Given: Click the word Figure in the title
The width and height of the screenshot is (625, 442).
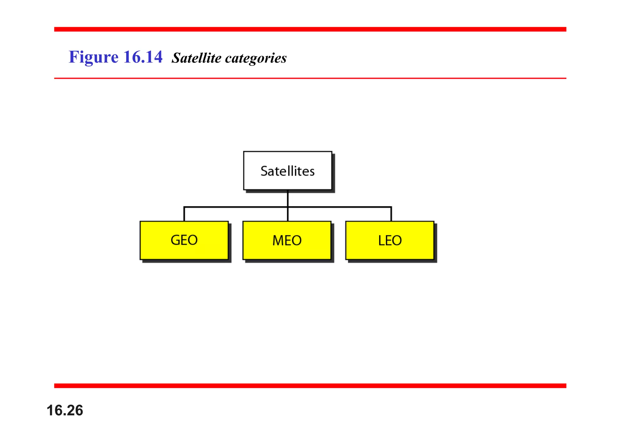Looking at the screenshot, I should click(93, 57).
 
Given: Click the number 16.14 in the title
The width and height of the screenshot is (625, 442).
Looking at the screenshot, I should click(143, 57).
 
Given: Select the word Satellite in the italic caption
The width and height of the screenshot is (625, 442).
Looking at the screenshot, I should click(196, 58).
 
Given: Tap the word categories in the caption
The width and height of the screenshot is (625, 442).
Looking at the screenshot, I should click(256, 58).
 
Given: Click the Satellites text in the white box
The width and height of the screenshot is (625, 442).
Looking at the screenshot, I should click(287, 171).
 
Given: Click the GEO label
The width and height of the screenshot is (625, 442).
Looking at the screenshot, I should click(184, 240).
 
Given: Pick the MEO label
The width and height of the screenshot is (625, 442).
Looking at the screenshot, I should click(287, 241).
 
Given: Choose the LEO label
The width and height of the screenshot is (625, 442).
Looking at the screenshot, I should click(390, 241).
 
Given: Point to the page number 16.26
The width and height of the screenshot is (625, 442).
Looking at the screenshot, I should click(65, 410).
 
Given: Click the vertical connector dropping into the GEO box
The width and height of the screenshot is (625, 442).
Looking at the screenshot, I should click(184, 214).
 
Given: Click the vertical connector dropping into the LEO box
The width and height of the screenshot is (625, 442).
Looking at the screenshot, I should click(391, 214).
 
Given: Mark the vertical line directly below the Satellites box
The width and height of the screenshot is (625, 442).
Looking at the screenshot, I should click(288, 198).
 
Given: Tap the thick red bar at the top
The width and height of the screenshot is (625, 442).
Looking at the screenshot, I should click(310, 29).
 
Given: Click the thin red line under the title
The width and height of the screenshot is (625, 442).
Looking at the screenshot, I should click(310, 78).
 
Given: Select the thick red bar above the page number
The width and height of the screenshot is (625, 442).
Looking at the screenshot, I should click(310, 386).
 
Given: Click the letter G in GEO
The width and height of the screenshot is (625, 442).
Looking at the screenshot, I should click(176, 240).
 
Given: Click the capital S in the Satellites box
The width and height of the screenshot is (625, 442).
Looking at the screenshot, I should click(264, 171).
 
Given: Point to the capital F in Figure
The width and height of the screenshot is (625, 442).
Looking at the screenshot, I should click(73, 57).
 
